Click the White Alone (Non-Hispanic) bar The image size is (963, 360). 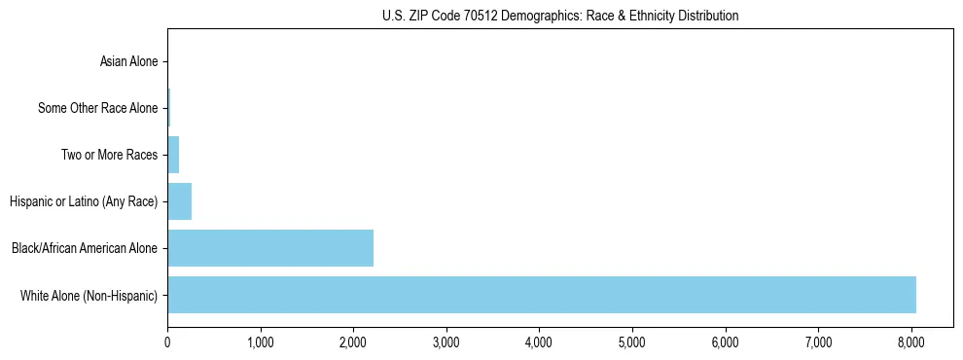click(x=542, y=295)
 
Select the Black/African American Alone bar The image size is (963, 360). click(x=270, y=248)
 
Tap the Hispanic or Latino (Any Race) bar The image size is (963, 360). click(x=180, y=201)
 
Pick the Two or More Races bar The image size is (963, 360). click(x=173, y=155)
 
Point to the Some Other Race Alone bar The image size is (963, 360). click(x=168, y=108)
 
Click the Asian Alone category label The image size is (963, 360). click(x=128, y=62)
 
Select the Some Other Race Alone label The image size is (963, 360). click(x=97, y=108)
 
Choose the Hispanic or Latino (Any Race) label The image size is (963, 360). click(x=84, y=201)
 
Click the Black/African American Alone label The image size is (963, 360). click(x=85, y=248)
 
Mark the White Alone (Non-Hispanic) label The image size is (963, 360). click(x=89, y=295)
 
